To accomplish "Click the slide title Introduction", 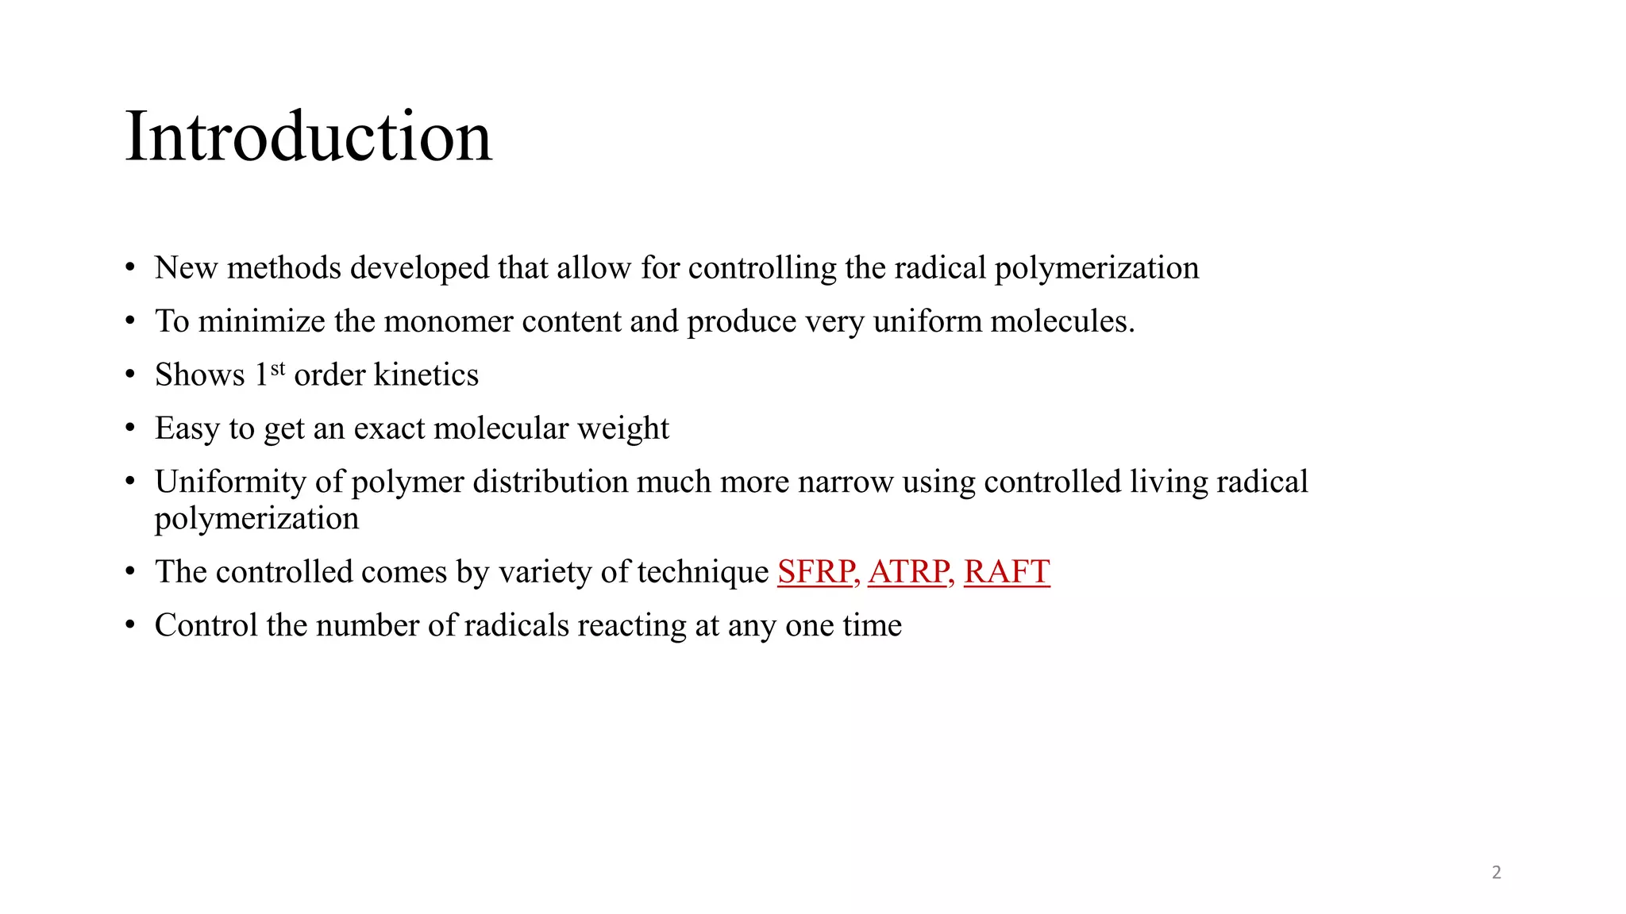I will pos(308,136).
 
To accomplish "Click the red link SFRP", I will pos(816,572).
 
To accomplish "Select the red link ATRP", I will pos(909,572).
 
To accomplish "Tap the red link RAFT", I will pos(1007,572).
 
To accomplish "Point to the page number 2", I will pos(1497,873).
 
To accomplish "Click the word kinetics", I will pos(426,375).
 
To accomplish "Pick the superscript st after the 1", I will pos(277,369).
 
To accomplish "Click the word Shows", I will pos(200,375).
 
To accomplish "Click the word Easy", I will pos(187,428).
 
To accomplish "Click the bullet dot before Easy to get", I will pos(130,429).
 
